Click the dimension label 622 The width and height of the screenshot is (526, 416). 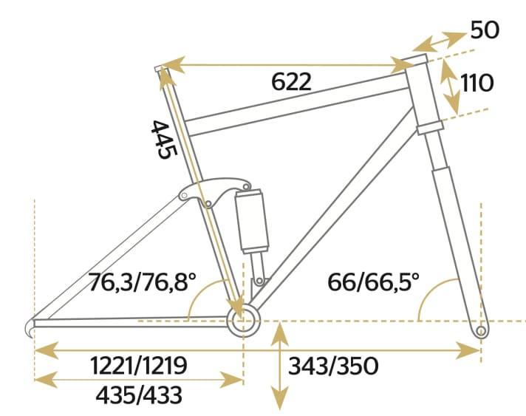[291, 82]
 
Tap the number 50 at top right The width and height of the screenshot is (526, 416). [485, 30]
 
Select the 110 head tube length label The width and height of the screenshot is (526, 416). [477, 82]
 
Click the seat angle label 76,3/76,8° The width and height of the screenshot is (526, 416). [142, 282]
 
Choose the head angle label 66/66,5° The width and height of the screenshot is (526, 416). [372, 282]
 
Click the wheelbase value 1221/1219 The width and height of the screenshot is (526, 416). [138, 365]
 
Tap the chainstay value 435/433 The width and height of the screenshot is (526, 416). [138, 396]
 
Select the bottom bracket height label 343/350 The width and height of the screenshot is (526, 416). [333, 365]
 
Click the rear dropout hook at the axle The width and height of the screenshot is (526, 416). [31, 327]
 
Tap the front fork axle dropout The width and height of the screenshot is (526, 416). [481, 331]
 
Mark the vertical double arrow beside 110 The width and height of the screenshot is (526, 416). [448, 87]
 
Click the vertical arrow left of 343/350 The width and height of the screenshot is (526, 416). [279, 366]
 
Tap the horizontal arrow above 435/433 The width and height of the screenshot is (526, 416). [138, 380]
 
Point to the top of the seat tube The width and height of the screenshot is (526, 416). [159, 69]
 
